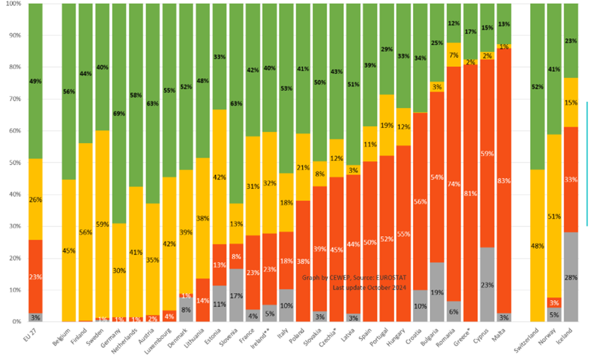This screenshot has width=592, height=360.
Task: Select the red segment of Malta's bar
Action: click(504, 180)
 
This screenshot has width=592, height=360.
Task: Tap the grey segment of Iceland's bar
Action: click(572, 276)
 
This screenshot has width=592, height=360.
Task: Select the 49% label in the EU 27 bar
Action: click(35, 81)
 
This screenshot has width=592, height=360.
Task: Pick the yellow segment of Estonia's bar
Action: click(220, 177)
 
